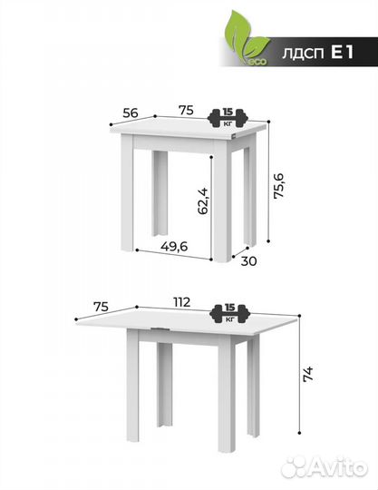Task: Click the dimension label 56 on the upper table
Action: (x=131, y=113)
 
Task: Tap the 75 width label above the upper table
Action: (x=186, y=110)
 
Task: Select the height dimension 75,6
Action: (x=278, y=185)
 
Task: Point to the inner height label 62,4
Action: (x=202, y=201)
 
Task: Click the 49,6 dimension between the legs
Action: (x=174, y=246)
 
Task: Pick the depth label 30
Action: (x=248, y=261)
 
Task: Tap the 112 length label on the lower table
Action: (x=181, y=302)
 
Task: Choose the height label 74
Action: (x=308, y=374)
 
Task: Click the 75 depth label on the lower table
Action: (x=102, y=307)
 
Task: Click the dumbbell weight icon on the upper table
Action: (x=228, y=118)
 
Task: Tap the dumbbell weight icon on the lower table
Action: (x=230, y=314)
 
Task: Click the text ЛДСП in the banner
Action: (x=303, y=53)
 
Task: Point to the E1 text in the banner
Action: (x=342, y=52)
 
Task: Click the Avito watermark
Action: (x=325, y=467)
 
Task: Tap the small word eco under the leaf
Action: (x=258, y=62)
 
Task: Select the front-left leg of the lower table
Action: (x=132, y=386)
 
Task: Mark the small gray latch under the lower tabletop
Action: (x=160, y=329)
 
